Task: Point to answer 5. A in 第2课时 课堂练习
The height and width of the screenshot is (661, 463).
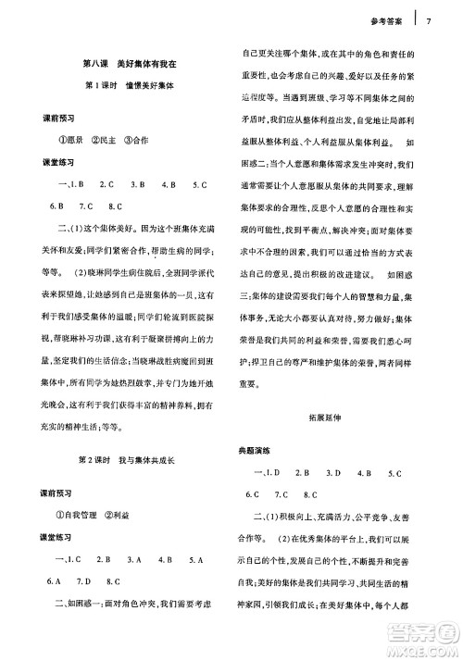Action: tap(197, 558)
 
